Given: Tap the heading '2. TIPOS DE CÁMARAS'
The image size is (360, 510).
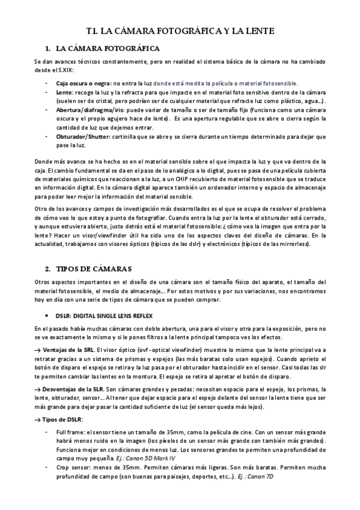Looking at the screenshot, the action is coord(91,268).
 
